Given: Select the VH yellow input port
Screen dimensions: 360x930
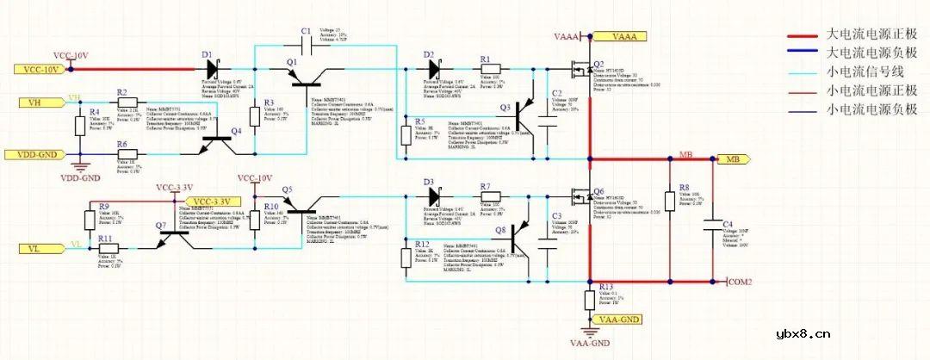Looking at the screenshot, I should pyautogui.click(x=35, y=102).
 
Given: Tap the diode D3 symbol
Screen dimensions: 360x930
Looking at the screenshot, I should pyautogui.click(x=432, y=196).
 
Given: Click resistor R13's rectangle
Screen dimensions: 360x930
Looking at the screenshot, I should pyautogui.click(x=590, y=300).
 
